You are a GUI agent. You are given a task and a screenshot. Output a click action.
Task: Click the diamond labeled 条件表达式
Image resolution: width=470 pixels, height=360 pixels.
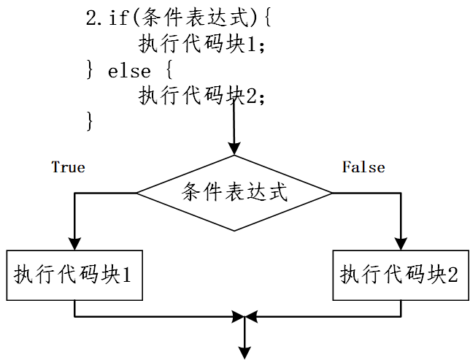234,193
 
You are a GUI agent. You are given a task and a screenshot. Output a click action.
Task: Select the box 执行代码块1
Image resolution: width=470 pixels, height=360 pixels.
74,275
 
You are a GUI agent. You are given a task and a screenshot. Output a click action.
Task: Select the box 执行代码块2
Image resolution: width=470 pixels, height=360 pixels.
400,275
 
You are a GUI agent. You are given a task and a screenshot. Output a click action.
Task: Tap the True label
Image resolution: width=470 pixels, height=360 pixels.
68,167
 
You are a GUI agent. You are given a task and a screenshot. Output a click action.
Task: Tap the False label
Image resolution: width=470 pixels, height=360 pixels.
363,167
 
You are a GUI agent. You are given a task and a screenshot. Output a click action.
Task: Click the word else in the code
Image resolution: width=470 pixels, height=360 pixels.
129,71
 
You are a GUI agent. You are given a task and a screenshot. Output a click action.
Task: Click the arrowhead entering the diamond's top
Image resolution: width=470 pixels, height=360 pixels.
234,148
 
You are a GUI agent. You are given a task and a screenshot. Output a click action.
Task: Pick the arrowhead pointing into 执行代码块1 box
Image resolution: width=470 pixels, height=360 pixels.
74,244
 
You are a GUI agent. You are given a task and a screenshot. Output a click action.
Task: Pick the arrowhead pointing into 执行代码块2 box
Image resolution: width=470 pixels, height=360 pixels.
401,244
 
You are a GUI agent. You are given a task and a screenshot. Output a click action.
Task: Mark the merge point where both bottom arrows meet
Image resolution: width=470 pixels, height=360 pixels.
244,317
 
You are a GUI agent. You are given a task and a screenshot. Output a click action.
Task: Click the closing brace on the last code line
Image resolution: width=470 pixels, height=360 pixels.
90,120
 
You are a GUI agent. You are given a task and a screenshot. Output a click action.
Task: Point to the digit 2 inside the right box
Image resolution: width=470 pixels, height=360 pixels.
452,275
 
